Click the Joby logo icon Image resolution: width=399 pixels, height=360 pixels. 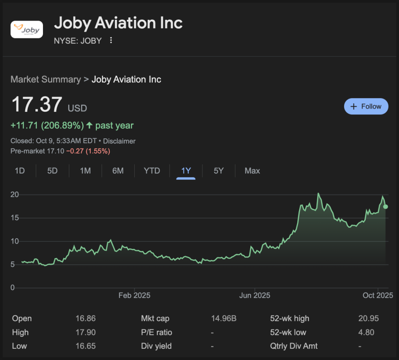[x=26, y=29]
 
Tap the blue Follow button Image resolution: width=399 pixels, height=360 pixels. [x=366, y=107]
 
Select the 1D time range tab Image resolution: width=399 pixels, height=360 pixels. [x=20, y=171]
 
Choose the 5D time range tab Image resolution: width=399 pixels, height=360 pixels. [x=52, y=171]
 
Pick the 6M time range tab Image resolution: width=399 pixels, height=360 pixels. [x=118, y=171]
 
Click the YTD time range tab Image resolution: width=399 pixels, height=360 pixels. [x=152, y=171]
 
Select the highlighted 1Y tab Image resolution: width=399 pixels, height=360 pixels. [x=186, y=171]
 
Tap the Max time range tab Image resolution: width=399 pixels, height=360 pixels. [x=252, y=171]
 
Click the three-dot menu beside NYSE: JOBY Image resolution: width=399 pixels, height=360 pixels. [x=111, y=40]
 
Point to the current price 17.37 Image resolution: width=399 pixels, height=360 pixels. [x=37, y=104]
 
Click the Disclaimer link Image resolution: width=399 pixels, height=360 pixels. [x=119, y=141]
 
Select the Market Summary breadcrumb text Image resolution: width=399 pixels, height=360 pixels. [x=45, y=79]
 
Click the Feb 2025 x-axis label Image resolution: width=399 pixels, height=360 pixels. [x=134, y=295]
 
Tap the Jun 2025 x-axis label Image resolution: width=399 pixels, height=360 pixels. [x=255, y=295]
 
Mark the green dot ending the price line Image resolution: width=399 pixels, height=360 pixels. [x=385, y=206]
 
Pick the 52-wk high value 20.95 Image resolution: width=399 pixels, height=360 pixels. [x=368, y=318]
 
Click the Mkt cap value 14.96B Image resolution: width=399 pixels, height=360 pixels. [x=223, y=318]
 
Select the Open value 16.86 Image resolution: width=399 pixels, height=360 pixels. [x=85, y=318]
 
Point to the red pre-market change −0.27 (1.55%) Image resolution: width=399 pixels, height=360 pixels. [x=88, y=151]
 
